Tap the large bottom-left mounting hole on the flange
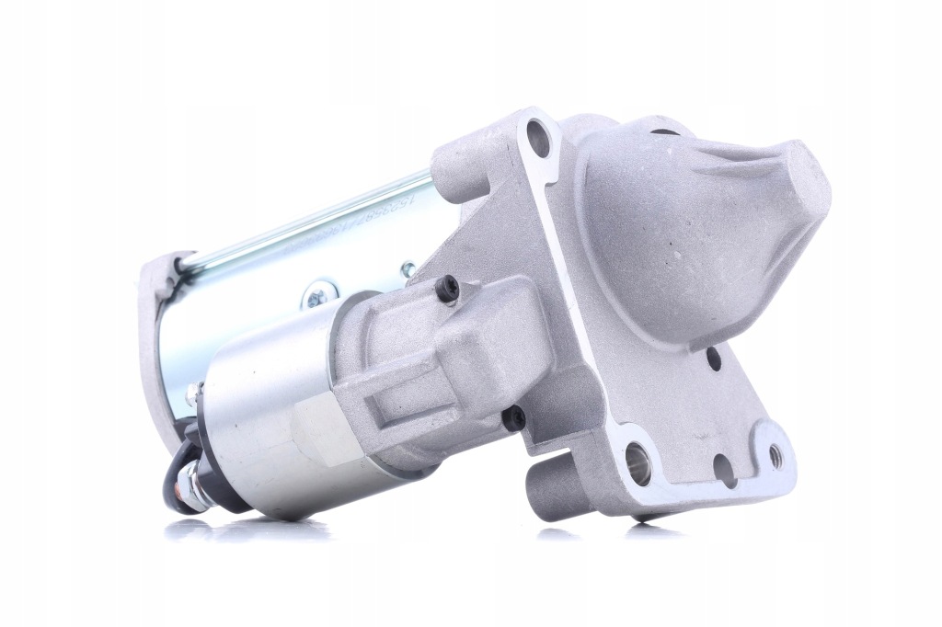point(638,463)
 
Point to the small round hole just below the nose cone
point(715,359)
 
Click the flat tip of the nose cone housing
point(807,184)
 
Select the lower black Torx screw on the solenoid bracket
point(515,419)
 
